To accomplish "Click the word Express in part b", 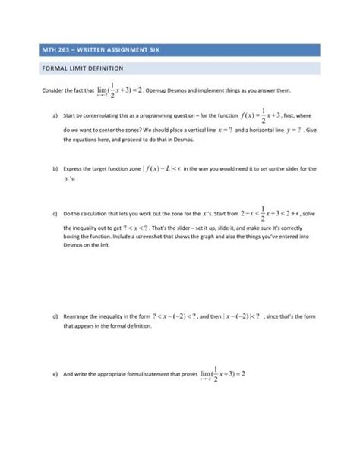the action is (74, 170).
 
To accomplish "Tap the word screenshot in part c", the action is (193, 238).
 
